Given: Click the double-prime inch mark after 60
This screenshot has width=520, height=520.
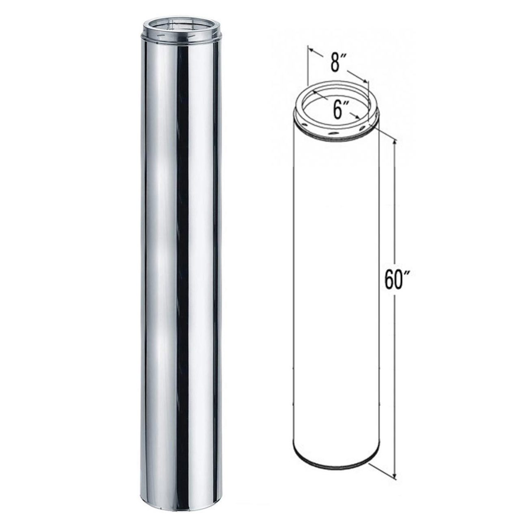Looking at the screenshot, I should [x=406, y=272].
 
